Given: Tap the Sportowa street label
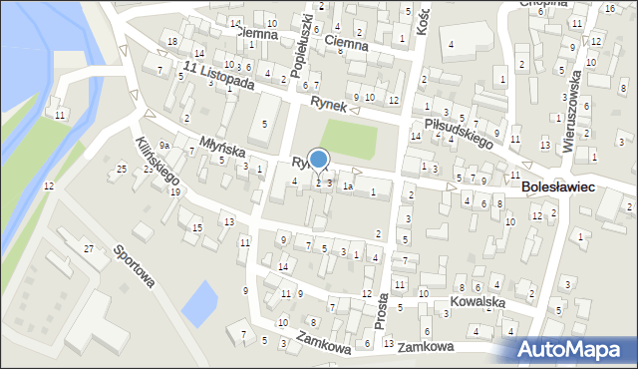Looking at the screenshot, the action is tap(134, 266).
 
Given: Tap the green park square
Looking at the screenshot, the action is tap(348, 140).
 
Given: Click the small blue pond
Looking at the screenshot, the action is tap(199, 302).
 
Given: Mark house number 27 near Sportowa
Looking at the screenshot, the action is tap(88, 247).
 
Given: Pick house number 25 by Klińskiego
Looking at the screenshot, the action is tap(121, 169).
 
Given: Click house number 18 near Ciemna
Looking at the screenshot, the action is tap(172, 41).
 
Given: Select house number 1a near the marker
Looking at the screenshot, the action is tap(348, 185).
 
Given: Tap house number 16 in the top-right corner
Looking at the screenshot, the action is tap(609, 8).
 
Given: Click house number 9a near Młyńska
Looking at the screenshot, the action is tap(165, 146).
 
